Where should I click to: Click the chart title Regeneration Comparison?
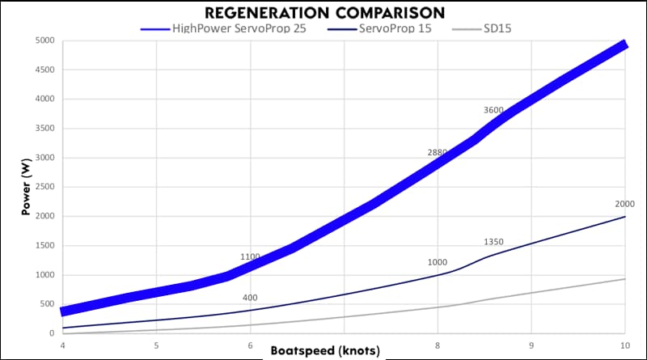[x=323, y=12]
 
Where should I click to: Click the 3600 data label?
[x=493, y=110]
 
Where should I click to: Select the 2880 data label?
[x=438, y=152]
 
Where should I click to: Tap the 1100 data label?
[x=250, y=257]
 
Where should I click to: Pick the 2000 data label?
[x=624, y=204]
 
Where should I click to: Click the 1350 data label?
[x=493, y=242]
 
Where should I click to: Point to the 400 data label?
[x=250, y=298]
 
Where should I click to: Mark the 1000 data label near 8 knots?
[x=438, y=263]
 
